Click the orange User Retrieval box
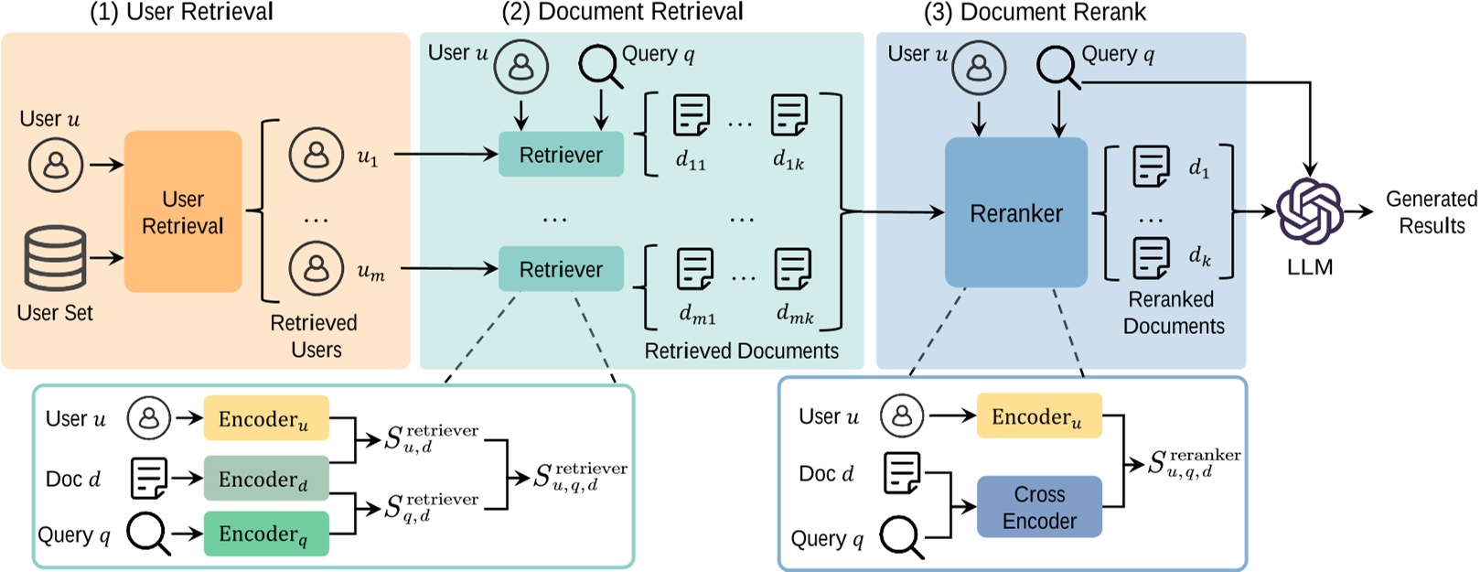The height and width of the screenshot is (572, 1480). pos(183,212)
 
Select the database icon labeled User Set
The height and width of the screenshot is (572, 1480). pos(56,258)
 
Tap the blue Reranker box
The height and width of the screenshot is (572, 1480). pos(1015,213)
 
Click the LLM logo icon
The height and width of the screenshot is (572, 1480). pos(1309,212)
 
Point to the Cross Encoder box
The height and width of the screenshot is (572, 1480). pos(1039,507)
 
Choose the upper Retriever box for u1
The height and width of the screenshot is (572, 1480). pos(561,155)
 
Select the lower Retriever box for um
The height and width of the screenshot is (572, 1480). pos(561,269)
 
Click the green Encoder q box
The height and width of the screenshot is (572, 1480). pos(265,534)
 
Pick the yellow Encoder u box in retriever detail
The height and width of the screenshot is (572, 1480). pos(265,419)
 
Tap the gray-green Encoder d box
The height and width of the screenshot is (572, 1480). pos(265,479)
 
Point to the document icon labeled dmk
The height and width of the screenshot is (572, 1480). pos(792,269)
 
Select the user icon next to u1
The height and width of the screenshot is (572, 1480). pos(316,155)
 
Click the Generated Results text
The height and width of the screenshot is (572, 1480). pos(1432,212)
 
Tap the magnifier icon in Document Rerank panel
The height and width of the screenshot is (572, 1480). pos(1058,67)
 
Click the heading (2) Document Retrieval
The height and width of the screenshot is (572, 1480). pos(622,12)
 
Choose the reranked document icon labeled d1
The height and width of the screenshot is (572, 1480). pos(1151,167)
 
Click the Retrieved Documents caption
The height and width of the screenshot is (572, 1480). pos(741,351)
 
